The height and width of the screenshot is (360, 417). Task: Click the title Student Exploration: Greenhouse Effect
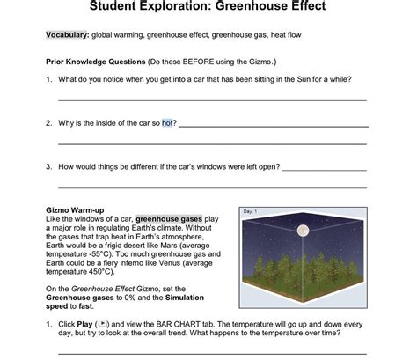[208, 7]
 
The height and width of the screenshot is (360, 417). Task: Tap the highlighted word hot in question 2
[168, 123]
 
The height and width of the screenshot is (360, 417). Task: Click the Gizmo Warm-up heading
[75, 210]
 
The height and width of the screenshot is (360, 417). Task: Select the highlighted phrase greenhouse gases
[168, 218]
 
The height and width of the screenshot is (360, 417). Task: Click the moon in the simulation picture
[304, 231]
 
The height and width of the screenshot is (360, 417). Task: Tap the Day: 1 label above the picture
[250, 212]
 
